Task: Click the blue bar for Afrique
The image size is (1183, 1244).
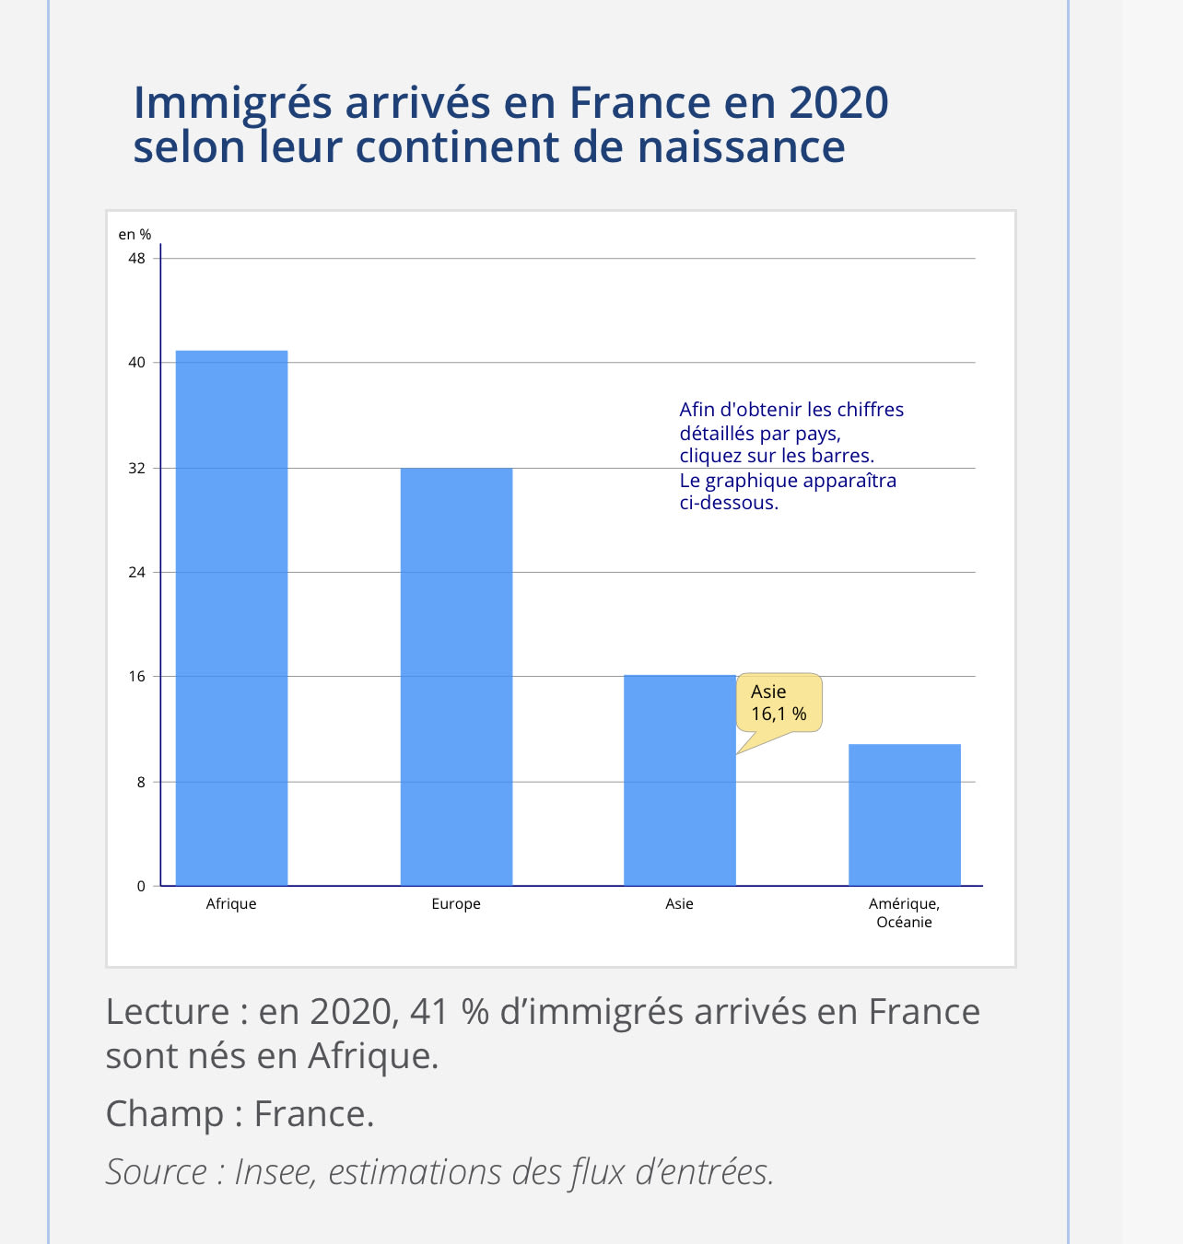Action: [x=231, y=617]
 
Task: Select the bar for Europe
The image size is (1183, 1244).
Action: [x=456, y=677]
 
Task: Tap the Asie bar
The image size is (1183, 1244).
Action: [x=679, y=783]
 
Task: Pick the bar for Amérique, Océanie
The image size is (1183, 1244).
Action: [x=904, y=815]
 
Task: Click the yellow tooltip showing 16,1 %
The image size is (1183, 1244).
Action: [x=779, y=703]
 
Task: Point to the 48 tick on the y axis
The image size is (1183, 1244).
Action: [x=136, y=259]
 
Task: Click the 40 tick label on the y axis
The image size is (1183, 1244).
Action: [x=136, y=363]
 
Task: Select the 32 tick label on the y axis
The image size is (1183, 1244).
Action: [x=136, y=468]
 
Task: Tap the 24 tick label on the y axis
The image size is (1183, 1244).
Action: [x=136, y=573]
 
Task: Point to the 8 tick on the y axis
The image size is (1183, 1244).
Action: [x=141, y=782]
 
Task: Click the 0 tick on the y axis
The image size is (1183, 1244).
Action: [x=141, y=887]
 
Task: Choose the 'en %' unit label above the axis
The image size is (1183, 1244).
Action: [x=135, y=235]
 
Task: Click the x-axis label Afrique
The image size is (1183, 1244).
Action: [x=231, y=904]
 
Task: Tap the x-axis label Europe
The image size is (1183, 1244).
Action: [x=456, y=904]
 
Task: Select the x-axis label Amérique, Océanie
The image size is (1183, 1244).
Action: [x=904, y=913]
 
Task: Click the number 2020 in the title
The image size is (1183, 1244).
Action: [x=837, y=102]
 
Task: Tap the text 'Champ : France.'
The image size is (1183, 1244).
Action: [x=240, y=1114]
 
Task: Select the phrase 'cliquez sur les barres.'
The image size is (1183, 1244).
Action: [x=777, y=456]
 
